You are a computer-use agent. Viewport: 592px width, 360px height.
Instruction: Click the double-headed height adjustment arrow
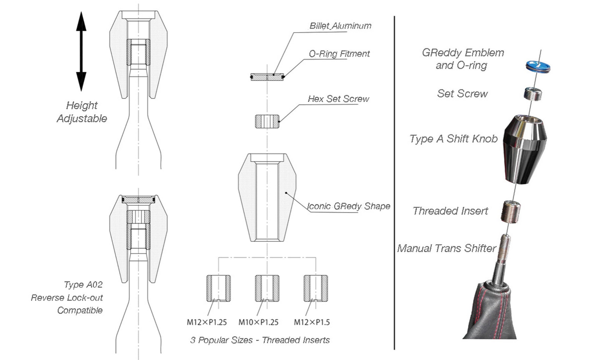pyautogui.click(x=81, y=52)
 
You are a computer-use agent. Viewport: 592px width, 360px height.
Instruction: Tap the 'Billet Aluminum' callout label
pyautogui.click(x=340, y=26)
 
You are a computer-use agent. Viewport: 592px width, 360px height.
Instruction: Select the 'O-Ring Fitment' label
pyautogui.click(x=339, y=54)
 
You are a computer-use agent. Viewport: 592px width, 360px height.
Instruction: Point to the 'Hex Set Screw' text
pyautogui.click(x=339, y=99)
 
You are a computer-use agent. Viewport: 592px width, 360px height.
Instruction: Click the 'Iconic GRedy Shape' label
pyautogui.click(x=348, y=206)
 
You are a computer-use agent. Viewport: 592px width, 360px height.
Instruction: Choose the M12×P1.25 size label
pyautogui.click(x=207, y=322)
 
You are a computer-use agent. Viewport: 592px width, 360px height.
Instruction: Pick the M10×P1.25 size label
pyautogui.click(x=258, y=322)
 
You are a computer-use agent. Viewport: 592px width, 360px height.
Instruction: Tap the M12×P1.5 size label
pyautogui.click(x=312, y=322)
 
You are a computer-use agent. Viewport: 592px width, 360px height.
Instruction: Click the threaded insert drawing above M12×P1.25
pyautogui.click(x=219, y=289)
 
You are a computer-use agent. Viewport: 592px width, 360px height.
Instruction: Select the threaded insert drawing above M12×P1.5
pyautogui.click(x=316, y=289)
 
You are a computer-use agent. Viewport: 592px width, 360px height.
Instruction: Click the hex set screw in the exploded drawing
pyautogui.click(x=267, y=122)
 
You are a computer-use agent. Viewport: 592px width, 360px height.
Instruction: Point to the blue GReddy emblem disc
pyautogui.click(x=538, y=66)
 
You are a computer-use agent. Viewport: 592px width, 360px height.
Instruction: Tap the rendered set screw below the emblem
pyautogui.click(x=533, y=94)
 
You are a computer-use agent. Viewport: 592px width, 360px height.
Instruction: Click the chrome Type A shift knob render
pyautogui.click(x=525, y=149)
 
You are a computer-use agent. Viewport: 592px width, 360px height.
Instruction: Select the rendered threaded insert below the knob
pyautogui.click(x=511, y=212)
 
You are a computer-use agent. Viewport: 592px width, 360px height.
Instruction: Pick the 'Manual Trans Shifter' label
pyautogui.click(x=447, y=248)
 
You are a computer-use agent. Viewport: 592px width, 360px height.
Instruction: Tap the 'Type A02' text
pyautogui.click(x=83, y=284)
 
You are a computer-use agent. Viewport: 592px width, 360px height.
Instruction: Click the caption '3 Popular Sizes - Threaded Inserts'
pyautogui.click(x=260, y=340)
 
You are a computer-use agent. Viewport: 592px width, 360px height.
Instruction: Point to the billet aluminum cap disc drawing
pyautogui.click(x=267, y=77)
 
